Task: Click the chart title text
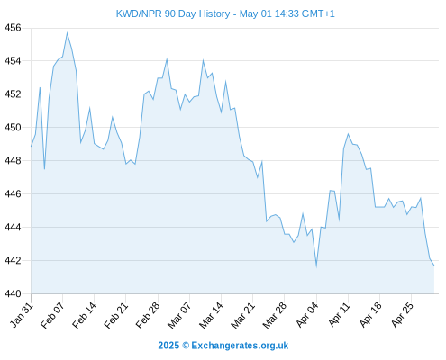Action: click(225, 13)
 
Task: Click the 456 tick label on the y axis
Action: click(13, 28)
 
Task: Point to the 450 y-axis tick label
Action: click(13, 128)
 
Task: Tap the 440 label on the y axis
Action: click(13, 293)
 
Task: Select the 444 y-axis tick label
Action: click(13, 228)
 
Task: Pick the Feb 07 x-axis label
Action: click(52, 315)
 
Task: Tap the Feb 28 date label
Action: click(148, 315)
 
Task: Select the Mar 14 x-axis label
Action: click(211, 315)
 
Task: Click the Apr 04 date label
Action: click(307, 315)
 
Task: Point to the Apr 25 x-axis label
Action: click(402, 315)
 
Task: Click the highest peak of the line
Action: click(67, 32)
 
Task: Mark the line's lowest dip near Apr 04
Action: click(316, 266)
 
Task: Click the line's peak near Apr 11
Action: click(348, 134)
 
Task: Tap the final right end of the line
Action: click(434, 265)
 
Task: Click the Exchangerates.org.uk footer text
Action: click(240, 346)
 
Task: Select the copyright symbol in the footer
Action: click(186, 346)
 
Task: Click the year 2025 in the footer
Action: click(168, 346)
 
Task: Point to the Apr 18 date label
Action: click(370, 315)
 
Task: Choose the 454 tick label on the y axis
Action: click(13, 61)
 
